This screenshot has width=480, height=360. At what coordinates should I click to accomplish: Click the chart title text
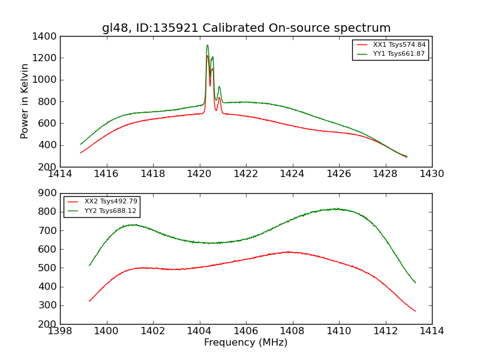[x=246, y=28]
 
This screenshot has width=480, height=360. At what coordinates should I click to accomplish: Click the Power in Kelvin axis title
[x=25, y=101]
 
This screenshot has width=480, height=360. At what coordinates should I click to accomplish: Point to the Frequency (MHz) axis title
[x=246, y=343]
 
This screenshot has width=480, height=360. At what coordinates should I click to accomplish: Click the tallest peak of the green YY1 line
[x=208, y=45]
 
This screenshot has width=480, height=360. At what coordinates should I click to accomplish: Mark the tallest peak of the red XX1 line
[x=208, y=56]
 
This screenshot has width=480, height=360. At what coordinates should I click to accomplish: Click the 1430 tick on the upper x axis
[x=432, y=174]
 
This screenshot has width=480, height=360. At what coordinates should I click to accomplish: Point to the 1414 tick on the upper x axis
[x=60, y=174]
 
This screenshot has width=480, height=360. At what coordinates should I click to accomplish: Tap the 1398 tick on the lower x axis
[x=60, y=331]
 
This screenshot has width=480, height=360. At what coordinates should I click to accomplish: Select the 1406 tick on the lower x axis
[x=246, y=331]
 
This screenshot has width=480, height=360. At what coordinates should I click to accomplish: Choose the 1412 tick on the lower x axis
[x=385, y=331]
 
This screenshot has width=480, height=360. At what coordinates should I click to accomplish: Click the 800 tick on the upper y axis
[x=47, y=101]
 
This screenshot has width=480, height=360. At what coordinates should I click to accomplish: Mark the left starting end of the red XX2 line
[x=89, y=301]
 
